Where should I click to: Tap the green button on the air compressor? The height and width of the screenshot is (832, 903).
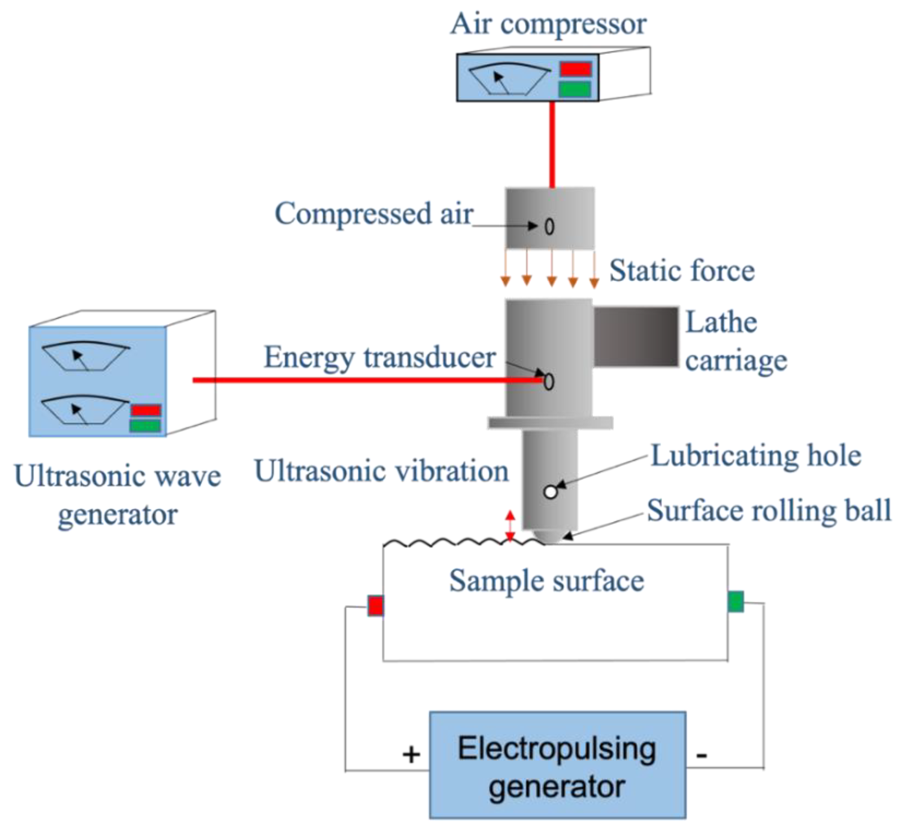(574, 89)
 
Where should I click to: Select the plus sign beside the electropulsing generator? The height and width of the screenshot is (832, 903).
(411, 754)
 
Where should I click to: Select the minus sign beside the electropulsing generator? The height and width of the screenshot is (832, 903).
(701, 755)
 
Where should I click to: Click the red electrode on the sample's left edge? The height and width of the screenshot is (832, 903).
(375, 606)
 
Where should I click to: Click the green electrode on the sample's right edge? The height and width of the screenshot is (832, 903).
(735, 601)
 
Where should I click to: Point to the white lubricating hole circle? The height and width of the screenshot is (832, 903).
(551, 492)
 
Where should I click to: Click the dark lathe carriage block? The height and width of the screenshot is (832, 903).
(636, 336)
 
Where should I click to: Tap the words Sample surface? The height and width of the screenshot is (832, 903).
(546, 581)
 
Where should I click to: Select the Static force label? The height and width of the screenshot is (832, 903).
(682, 270)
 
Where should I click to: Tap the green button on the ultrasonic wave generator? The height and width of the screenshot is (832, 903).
(145, 425)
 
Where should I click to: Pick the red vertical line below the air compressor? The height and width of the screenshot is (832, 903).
(552, 144)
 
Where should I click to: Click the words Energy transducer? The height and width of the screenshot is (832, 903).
(379, 358)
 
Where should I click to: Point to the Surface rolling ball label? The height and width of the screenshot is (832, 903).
(769, 511)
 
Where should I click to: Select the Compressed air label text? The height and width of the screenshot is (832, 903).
(374, 213)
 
